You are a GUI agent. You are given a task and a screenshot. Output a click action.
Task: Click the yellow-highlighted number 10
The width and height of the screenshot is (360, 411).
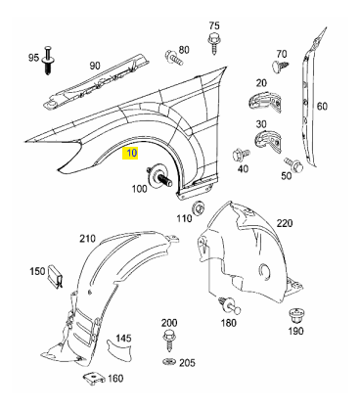pos(130,153)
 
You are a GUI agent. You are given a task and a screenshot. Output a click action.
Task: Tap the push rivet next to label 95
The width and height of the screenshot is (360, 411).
pos(48,61)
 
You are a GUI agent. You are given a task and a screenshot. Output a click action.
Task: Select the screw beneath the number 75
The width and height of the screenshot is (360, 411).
pos(214,42)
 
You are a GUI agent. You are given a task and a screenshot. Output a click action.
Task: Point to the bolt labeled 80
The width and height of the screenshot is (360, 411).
pos(174,58)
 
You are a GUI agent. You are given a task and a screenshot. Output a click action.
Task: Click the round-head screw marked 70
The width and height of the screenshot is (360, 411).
pos(280,66)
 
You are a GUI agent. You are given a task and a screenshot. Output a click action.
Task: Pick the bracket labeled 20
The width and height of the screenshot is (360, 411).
pos(264,101)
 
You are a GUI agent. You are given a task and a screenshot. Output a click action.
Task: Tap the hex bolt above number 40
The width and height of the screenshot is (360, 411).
pos(241,155)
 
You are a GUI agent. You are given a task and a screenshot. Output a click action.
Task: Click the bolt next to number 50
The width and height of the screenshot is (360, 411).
pos(293,164)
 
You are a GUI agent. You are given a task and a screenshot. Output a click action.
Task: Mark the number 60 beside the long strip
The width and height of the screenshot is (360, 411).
pos(322,106)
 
